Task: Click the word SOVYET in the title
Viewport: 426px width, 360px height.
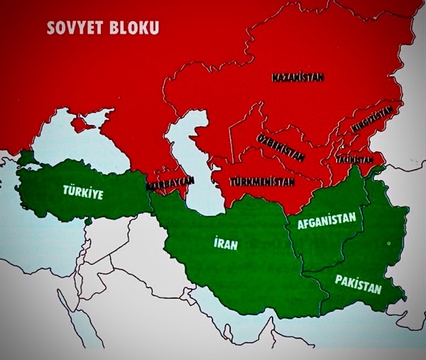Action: point(75,28)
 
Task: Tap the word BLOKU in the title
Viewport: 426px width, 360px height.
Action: point(134,28)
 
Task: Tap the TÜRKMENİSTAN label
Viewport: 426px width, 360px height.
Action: point(261,182)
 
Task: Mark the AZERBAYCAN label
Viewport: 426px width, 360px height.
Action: point(170,182)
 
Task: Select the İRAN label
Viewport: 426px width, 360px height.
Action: point(224,244)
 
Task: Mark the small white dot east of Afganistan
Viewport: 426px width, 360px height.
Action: point(388,244)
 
